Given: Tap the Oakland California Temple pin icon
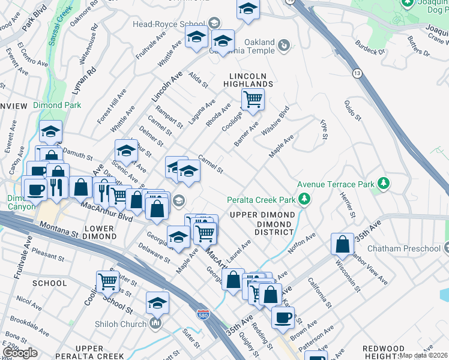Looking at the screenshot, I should coord(284,45).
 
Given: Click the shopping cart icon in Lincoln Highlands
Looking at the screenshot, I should coord(253,99).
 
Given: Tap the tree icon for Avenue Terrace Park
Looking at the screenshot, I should coord(383,184).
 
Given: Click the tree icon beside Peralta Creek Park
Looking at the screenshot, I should coord(306,199).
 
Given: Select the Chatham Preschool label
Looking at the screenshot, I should coord(412,248).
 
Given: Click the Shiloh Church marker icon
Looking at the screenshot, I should coord(155,325).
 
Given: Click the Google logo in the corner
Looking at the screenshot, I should coord(20,352).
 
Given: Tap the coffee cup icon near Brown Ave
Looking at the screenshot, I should coord(282,317).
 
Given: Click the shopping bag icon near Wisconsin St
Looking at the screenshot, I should coord(342,244).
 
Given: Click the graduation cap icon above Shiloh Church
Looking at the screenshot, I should coord(157,302).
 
